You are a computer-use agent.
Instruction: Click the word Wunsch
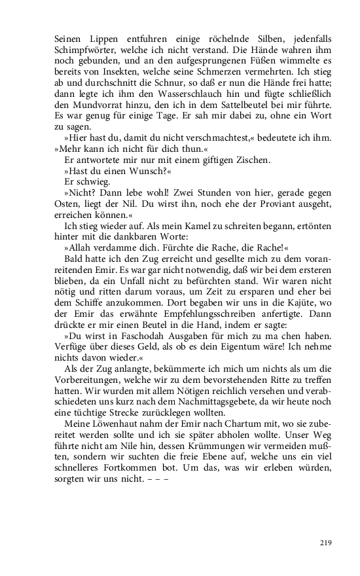coord(142,171)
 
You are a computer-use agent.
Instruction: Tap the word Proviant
coord(255,206)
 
